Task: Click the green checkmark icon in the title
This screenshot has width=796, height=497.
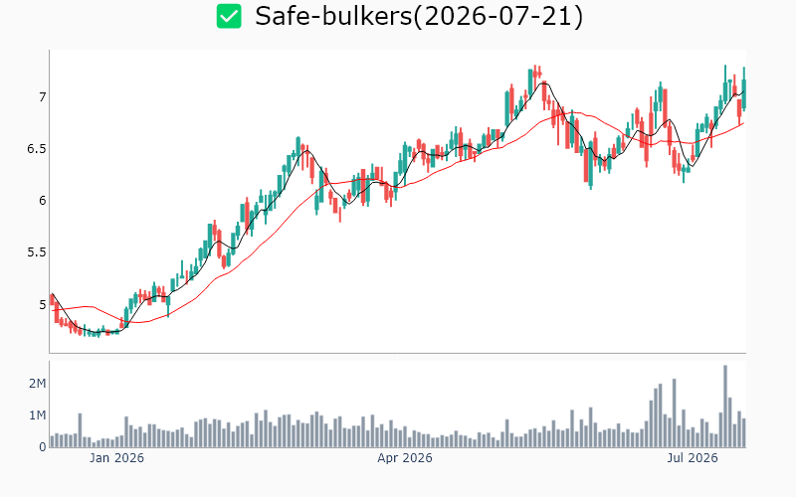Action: click(x=229, y=16)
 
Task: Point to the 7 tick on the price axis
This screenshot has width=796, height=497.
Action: click(x=42, y=96)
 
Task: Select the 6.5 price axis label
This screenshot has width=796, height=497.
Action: click(x=37, y=149)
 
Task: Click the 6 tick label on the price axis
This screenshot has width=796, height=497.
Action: click(x=42, y=201)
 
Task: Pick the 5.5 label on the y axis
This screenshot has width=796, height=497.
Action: click(x=37, y=252)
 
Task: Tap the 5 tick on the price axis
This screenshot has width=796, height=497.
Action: click(x=42, y=305)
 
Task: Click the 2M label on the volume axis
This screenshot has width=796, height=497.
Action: click(x=37, y=384)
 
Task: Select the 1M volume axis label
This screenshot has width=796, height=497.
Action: click(x=37, y=415)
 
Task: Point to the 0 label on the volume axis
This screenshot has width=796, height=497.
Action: click(x=43, y=447)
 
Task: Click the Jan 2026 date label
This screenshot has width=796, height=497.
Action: click(x=116, y=458)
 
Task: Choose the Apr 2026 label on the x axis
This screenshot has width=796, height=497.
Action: click(x=405, y=458)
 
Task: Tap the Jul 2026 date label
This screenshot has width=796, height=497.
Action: click(x=693, y=458)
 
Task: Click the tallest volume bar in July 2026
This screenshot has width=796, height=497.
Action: click(x=725, y=407)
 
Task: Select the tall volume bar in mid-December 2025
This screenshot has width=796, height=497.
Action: click(x=80, y=430)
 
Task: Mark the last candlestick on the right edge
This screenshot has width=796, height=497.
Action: click(x=744, y=89)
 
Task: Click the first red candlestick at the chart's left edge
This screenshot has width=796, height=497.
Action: click(x=52, y=299)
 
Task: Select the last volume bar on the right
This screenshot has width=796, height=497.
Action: click(x=744, y=433)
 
